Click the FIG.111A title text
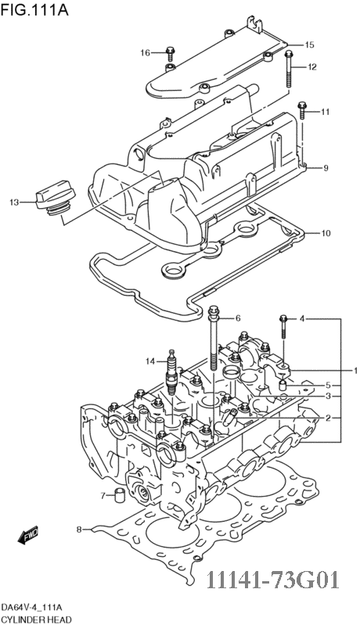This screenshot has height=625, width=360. click(x=34, y=9)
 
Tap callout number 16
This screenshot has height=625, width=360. click(x=145, y=52)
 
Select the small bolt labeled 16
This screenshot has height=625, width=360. click(x=171, y=52)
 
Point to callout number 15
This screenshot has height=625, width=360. click(x=309, y=45)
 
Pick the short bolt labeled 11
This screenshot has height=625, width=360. click(x=302, y=110)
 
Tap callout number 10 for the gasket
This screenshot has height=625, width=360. click(x=326, y=233)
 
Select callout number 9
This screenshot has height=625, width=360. click(x=326, y=168)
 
